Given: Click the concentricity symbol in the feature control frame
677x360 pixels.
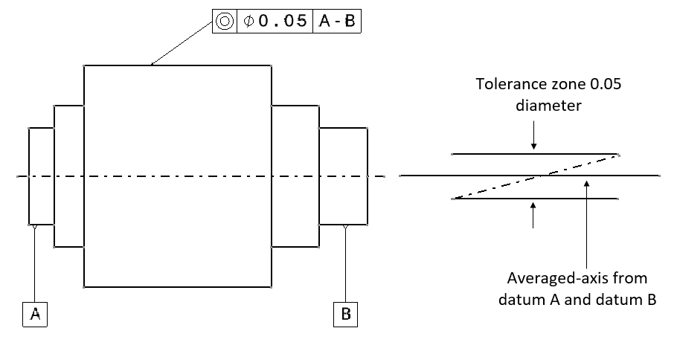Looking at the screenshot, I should coord(224,22).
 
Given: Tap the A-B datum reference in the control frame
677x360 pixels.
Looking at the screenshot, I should coord(337,22).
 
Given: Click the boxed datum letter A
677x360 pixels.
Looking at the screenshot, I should coord(35,315).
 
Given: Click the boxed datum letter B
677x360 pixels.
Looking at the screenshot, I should coord(345,315).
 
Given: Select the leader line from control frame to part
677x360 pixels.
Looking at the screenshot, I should coord(179,44).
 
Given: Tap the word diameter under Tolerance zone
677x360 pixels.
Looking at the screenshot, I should coord(548,105).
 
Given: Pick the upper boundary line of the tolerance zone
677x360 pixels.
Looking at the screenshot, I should coord(491,154).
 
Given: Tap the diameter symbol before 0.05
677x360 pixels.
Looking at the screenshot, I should coord(247,22).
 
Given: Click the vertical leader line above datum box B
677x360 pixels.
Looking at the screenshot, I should coord(345,268).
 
